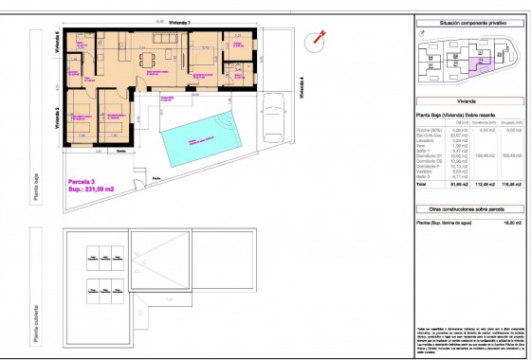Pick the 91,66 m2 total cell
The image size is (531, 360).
463,185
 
